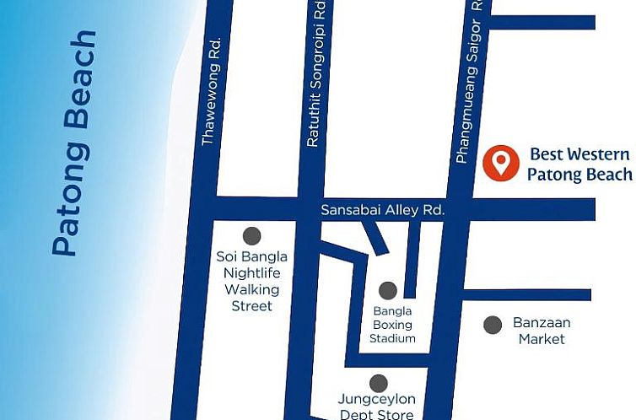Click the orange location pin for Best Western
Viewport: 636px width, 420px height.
tap(501, 162)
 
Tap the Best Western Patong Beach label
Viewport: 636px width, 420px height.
tap(579, 164)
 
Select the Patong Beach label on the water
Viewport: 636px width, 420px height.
tap(73, 143)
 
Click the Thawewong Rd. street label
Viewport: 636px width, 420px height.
tap(210, 91)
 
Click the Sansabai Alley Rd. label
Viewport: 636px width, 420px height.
tap(382, 210)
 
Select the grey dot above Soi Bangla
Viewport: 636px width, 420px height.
tap(251, 236)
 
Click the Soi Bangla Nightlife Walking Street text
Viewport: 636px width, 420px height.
tap(251, 281)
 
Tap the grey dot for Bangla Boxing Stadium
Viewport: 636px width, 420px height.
tap(387, 291)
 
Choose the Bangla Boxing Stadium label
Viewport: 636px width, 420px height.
tap(393, 325)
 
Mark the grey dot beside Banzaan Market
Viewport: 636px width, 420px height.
tap(492, 325)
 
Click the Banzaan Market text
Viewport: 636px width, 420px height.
tap(542, 331)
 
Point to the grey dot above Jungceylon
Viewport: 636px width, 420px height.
tap(379, 383)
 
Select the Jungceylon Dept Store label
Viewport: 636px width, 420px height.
tap(376, 407)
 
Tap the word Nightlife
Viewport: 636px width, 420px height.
tap(251, 273)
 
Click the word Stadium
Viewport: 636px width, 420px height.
tap(393, 338)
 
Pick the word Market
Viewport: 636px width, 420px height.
tap(542, 339)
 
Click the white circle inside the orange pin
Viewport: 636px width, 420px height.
tap(501, 158)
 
